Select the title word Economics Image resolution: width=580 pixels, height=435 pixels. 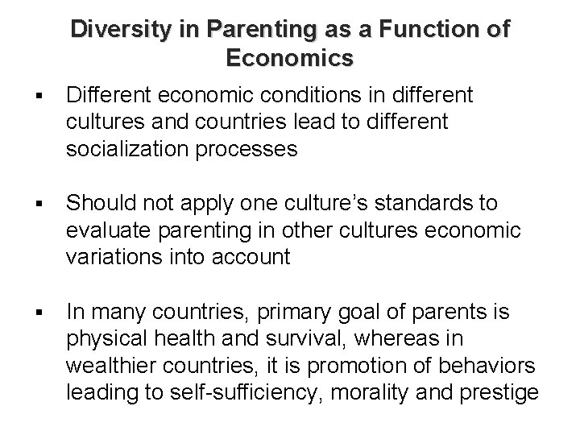coord(289,59)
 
